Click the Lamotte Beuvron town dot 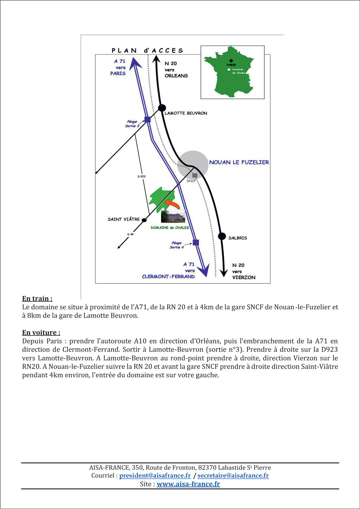click(162, 108)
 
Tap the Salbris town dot click(222, 236)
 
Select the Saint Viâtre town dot click(144, 220)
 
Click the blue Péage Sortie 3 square click(147, 119)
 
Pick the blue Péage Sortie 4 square click(196, 242)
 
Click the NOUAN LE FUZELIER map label click(239, 162)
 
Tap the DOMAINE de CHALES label click(170, 228)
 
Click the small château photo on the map click(173, 217)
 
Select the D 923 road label click(141, 177)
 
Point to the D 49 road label click(130, 234)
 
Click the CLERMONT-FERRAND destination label click(168, 277)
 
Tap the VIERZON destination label click(244, 277)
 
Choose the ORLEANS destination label click(176, 76)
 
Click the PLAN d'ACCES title click(147, 51)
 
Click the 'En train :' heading click(37, 299)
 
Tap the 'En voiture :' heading click(41, 332)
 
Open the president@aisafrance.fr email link click(155, 476)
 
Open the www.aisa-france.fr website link click(188, 484)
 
